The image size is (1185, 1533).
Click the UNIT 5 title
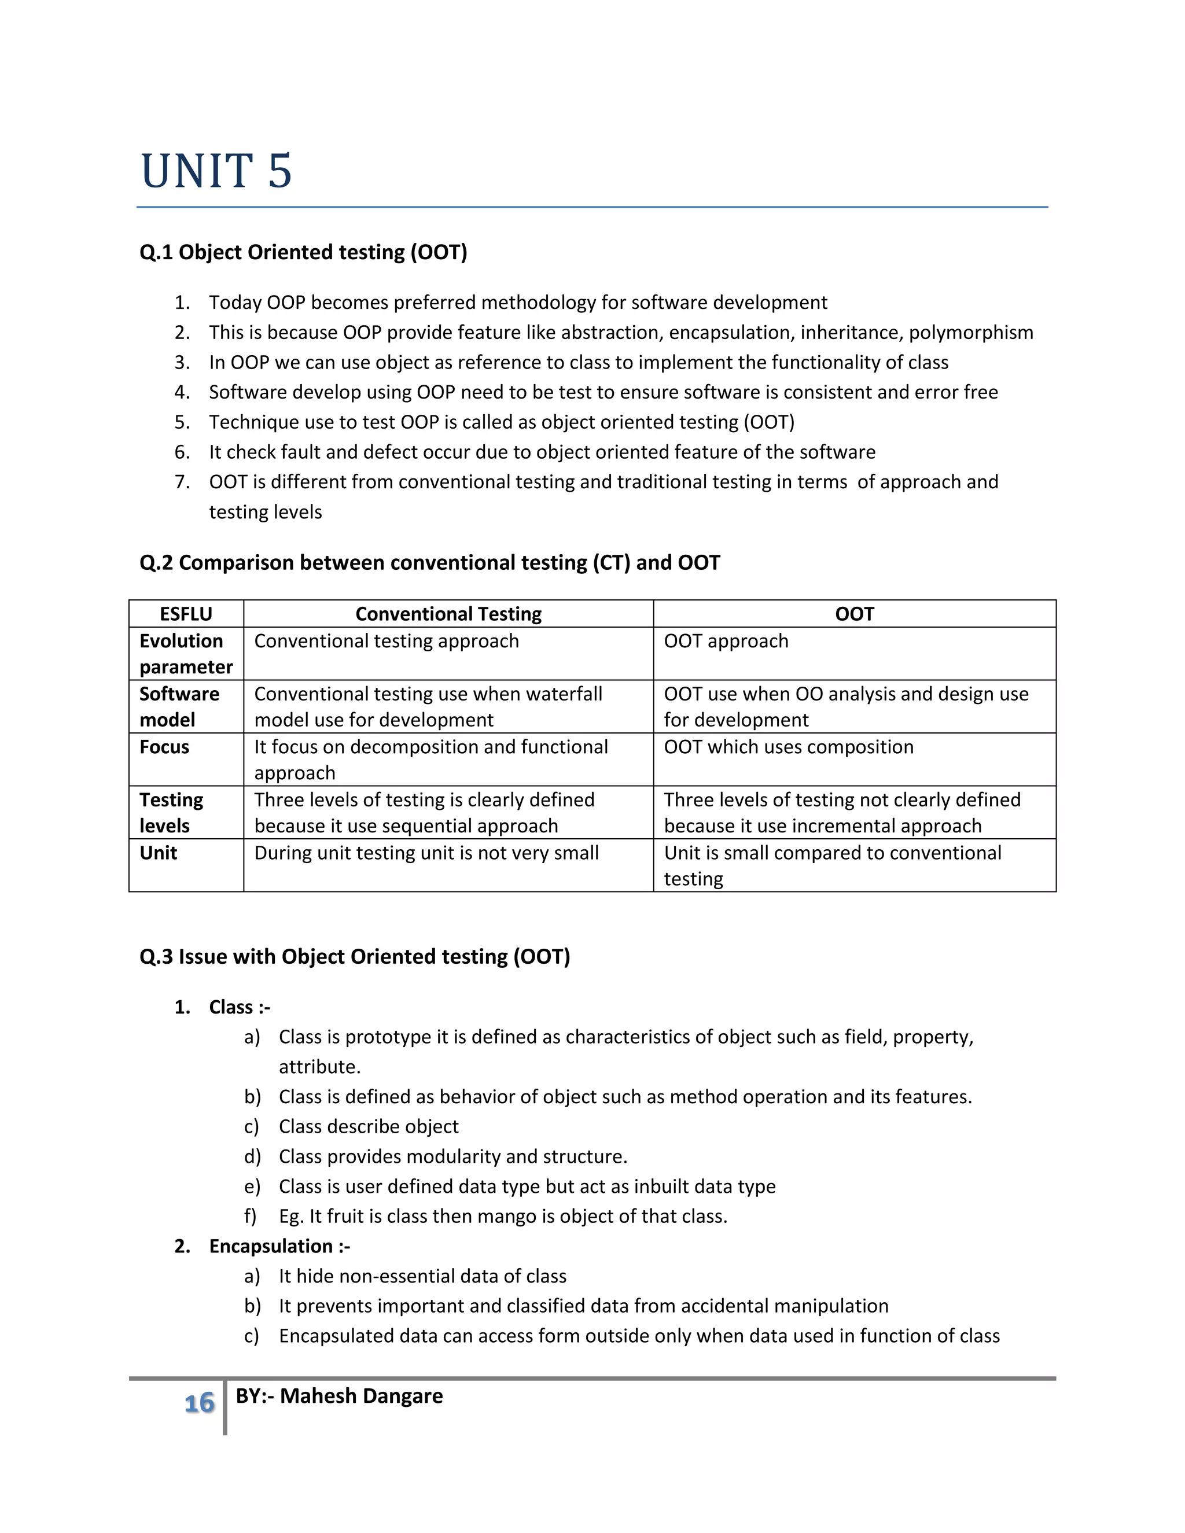pyautogui.click(x=216, y=171)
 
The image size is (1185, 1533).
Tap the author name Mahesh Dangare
pyautogui.click(x=361, y=1395)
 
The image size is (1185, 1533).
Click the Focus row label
pyautogui.click(x=164, y=747)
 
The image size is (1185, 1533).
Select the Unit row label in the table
pyautogui.click(x=159, y=853)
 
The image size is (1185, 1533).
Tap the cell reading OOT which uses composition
pyautogui.click(x=789, y=747)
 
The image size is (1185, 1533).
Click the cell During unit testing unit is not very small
pyautogui.click(x=426, y=853)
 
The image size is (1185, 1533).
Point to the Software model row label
pyautogui.click(x=180, y=706)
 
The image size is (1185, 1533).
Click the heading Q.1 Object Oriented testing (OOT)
pyautogui.click(x=303, y=252)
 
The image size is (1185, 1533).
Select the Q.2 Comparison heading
pyautogui.click(x=430, y=562)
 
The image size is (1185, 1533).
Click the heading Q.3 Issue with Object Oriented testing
pyautogui.click(x=355, y=956)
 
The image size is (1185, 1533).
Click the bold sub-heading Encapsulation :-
pyautogui.click(x=279, y=1246)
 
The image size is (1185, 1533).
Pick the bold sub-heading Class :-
pyautogui.click(x=240, y=1007)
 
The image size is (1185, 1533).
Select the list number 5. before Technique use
pyautogui.click(x=182, y=422)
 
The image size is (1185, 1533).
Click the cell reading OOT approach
pyautogui.click(x=726, y=641)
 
